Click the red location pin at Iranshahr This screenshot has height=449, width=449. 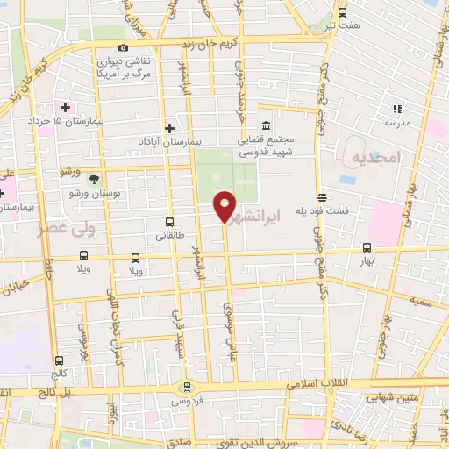[x=225, y=205]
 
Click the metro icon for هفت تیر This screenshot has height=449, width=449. [x=342, y=12]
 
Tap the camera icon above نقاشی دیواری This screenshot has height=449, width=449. [x=123, y=47]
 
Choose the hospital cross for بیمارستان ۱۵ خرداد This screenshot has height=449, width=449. [x=65, y=107]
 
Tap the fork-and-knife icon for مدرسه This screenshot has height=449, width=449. [x=397, y=109]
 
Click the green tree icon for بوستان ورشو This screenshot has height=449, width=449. [x=118, y=177]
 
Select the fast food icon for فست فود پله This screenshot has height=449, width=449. [x=323, y=198]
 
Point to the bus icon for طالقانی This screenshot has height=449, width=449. [x=169, y=222]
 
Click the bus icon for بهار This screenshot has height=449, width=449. [x=367, y=246]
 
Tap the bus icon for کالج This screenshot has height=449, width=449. [x=59, y=360]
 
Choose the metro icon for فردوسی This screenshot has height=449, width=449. [x=185, y=387]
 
